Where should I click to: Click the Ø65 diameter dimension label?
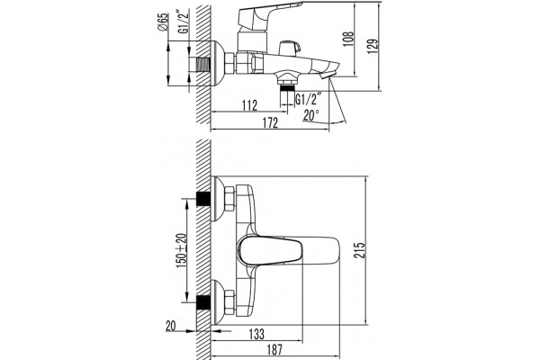[x=164, y=22]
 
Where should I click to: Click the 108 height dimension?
[x=348, y=39]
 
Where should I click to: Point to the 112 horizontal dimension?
[x=249, y=104]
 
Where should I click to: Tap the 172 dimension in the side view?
[x=270, y=122]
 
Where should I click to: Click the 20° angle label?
[x=311, y=115]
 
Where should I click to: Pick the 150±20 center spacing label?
[x=182, y=248]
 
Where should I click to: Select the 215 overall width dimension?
[x=359, y=250]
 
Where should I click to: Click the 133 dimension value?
[x=256, y=334]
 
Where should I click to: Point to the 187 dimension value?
[x=274, y=349]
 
